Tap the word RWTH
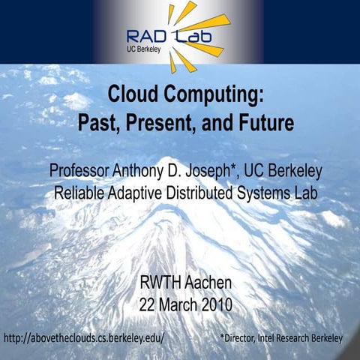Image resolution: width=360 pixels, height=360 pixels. (x=160, y=283)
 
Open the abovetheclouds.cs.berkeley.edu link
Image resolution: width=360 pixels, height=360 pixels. (x=84, y=338)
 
